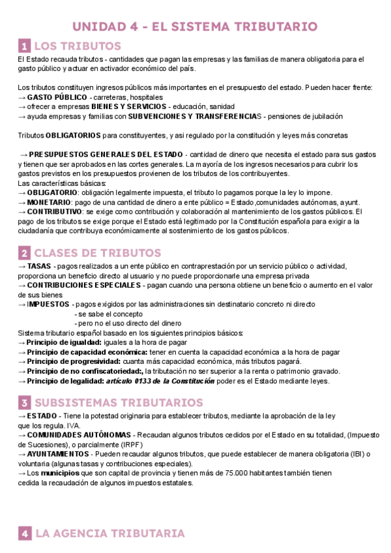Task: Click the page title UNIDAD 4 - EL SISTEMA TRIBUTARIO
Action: pos(195,27)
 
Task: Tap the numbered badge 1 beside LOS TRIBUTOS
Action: pos(24,46)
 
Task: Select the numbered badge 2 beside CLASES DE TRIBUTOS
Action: pos(24,253)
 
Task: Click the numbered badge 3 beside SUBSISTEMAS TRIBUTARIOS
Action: pos(24,402)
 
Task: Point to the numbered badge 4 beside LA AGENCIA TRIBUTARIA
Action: pos(24,533)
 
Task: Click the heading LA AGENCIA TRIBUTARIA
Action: pos(110,533)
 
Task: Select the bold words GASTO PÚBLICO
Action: pos(57,97)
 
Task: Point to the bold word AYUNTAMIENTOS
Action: pos(58,454)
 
